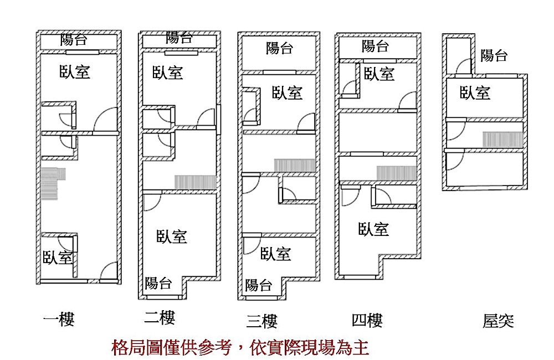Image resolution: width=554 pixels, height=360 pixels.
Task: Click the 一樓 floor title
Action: [59, 319]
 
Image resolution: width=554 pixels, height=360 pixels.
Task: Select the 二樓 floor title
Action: [160, 317]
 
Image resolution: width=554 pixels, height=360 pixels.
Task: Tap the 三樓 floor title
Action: [261, 321]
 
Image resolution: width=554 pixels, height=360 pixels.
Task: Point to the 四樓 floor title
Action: [367, 320]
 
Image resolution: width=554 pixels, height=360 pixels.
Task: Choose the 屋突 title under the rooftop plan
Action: [498, 321]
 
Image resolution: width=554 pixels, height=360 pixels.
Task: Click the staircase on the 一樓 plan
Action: [53, 182]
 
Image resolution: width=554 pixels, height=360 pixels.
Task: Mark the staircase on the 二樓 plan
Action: [195, 182]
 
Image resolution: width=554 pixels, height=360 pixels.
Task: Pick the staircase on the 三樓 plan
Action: [295, 165]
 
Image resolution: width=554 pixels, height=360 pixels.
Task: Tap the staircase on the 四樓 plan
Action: [396, 173]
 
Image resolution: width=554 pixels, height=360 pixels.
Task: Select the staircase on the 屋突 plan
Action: [502, 139]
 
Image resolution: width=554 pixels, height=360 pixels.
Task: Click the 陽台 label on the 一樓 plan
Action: [75, 40]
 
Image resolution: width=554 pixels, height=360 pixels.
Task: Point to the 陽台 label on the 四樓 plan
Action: [376, 46]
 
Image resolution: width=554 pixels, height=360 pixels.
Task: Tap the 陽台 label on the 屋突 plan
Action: [494, 55]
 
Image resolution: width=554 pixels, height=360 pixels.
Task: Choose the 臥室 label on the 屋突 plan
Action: [475, 92]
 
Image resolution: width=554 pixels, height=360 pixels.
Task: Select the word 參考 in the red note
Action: [216, 348]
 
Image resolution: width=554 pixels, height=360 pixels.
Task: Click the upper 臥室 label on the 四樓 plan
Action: [379, 73]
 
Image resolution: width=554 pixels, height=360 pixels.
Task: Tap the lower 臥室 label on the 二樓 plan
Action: [172, 236]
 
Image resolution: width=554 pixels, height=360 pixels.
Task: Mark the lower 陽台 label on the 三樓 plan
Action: [259, 285]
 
